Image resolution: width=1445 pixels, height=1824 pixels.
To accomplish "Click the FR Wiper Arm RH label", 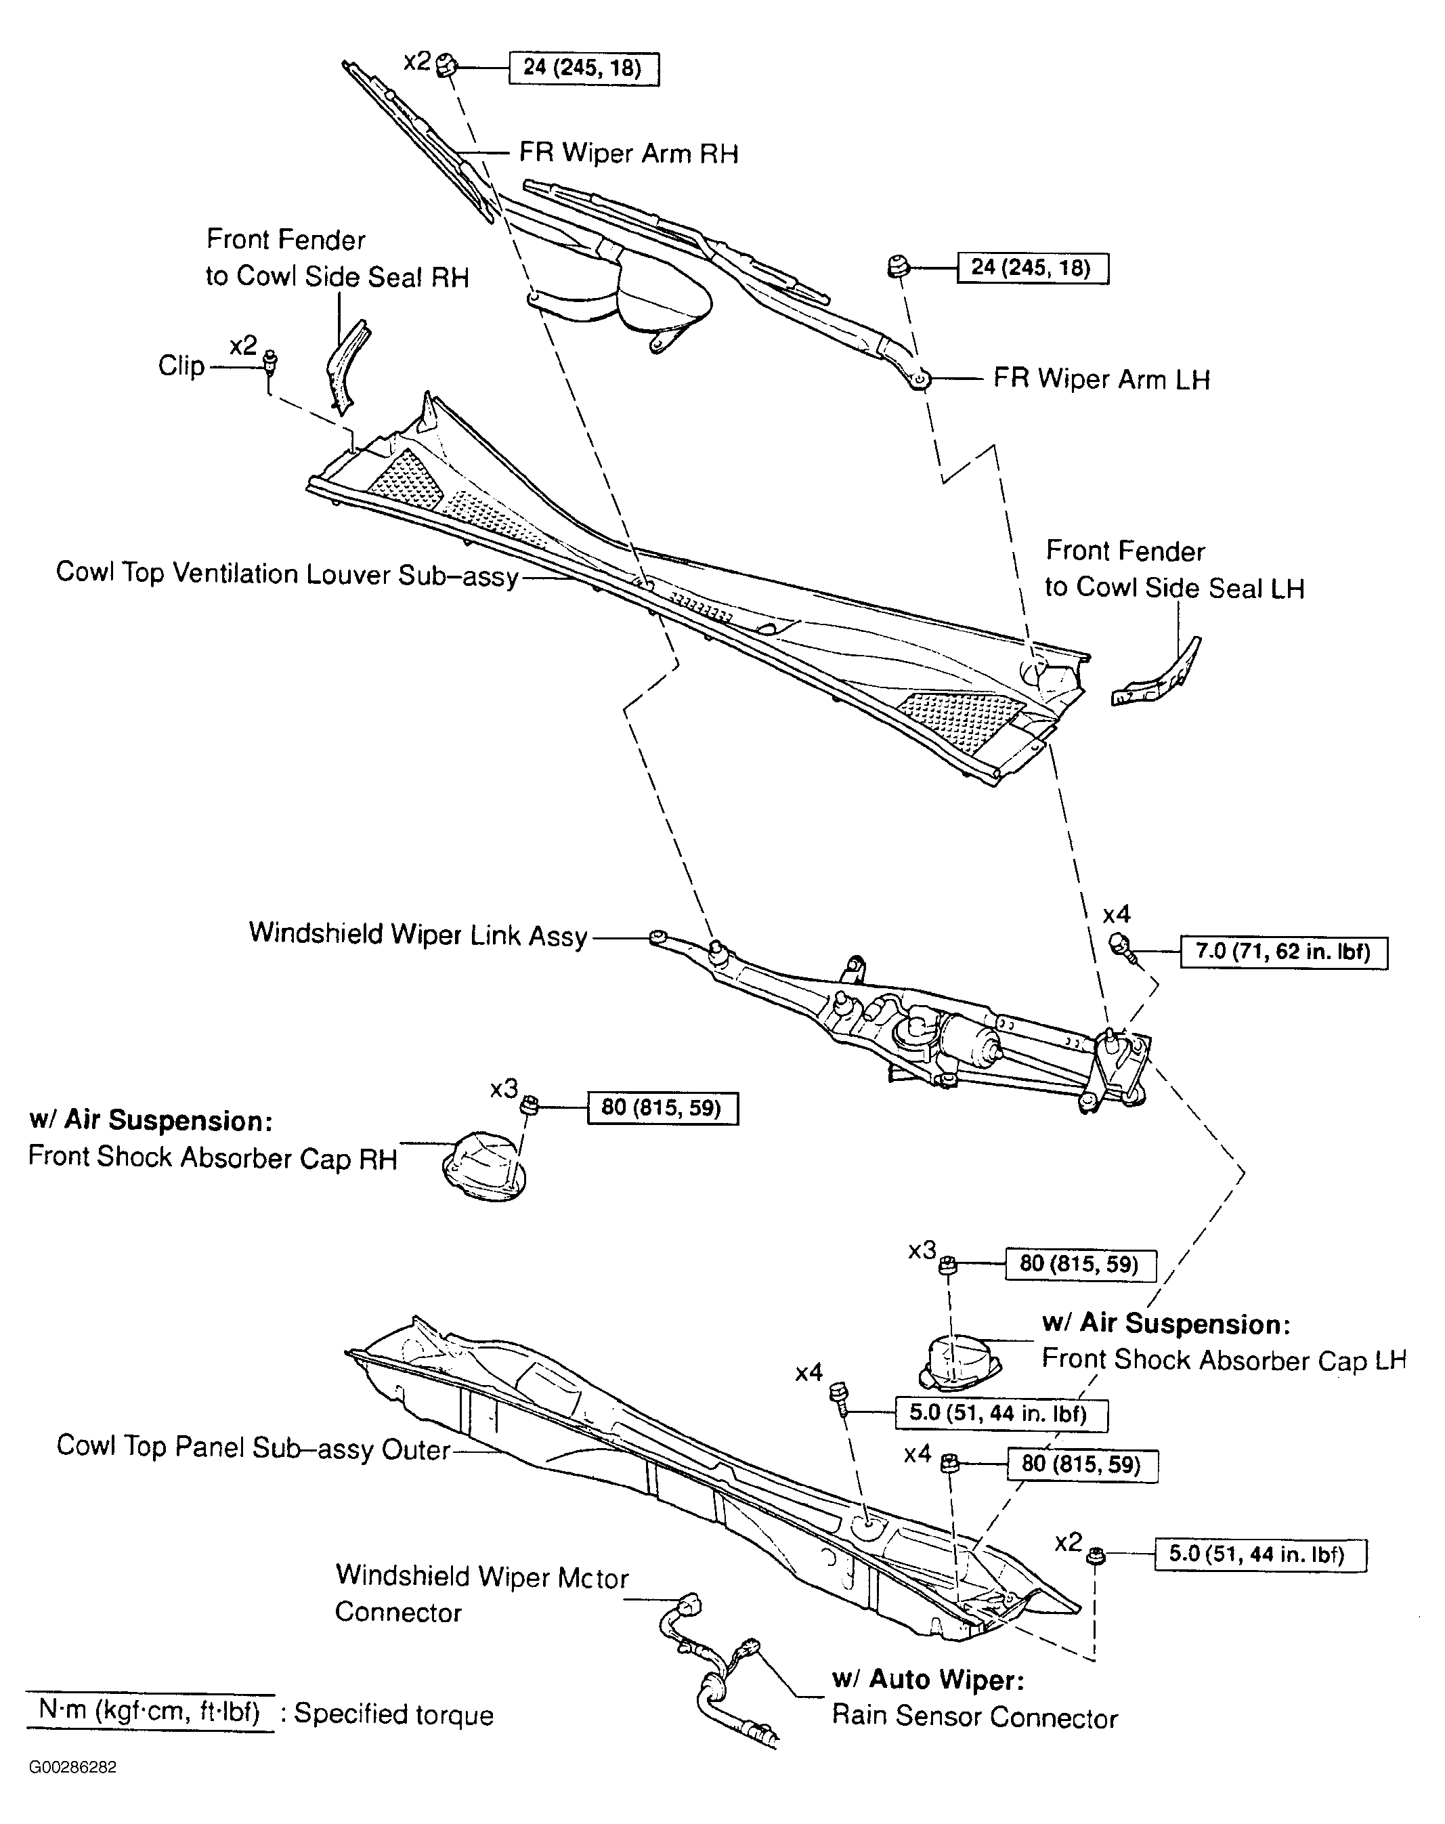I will [628, 154].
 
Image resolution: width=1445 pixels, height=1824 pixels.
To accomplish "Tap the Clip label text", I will [181, 366].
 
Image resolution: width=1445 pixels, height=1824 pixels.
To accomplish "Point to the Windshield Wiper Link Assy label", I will [418, 935].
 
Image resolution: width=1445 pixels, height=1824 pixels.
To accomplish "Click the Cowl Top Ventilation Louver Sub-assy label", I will [287, 574].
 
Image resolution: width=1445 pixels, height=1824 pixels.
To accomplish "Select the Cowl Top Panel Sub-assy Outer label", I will [253, 1447].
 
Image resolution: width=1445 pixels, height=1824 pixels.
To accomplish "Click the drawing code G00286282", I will [72, 1767].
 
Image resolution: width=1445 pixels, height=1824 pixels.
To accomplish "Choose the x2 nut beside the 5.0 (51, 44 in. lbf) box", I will [1096, 1554].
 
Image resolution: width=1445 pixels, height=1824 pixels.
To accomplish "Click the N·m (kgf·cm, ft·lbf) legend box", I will [149, 1712].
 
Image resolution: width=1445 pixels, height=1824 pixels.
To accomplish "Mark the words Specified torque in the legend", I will [393, 1714].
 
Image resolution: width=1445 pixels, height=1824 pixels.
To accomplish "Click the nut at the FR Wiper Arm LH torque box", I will [898, 268].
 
